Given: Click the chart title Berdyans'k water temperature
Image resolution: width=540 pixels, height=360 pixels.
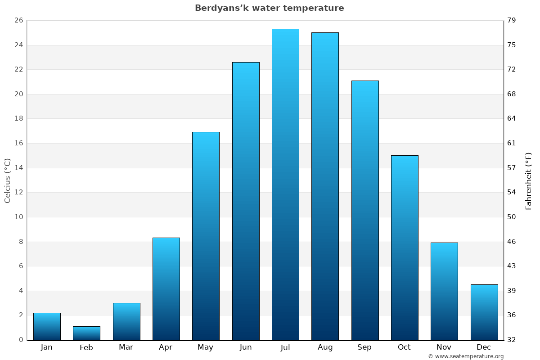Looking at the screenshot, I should [269, 8].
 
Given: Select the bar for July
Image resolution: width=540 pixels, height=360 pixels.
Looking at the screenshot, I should [285, 184].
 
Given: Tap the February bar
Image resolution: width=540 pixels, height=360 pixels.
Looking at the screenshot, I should [86, 333].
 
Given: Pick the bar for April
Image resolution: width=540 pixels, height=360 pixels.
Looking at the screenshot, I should [166, 288].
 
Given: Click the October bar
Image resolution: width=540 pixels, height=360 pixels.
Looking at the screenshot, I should [405, 247].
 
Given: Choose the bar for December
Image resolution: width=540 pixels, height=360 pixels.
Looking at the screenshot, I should [484, 312].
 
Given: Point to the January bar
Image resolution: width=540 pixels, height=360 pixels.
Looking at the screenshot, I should [47, 326].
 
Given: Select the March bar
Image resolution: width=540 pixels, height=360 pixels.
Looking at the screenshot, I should [126, 321].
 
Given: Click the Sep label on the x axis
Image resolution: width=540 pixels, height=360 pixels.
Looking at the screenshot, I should [364, 347].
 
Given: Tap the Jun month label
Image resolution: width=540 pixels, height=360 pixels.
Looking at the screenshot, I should [246, 347].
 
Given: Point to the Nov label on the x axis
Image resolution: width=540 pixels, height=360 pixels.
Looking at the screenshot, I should [444, 347].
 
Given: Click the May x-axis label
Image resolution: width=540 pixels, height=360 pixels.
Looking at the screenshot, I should [206, 347].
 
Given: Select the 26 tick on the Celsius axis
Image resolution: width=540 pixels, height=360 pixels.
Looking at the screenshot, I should [18, 20].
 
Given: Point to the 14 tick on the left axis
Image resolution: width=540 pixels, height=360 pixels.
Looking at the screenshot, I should [18, 168].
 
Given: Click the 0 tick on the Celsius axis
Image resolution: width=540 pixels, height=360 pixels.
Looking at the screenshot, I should [21, 340].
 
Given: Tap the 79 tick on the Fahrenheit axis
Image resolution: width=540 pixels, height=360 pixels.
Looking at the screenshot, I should [512, 20].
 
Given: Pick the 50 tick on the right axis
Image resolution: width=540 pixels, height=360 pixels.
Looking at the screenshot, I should [512, 217].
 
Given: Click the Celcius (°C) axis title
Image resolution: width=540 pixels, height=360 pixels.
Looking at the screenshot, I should [7, 180].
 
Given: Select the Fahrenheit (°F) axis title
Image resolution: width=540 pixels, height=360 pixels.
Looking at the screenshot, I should [529, 180].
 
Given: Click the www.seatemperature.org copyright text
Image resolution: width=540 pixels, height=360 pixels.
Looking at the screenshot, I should [466, 356].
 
